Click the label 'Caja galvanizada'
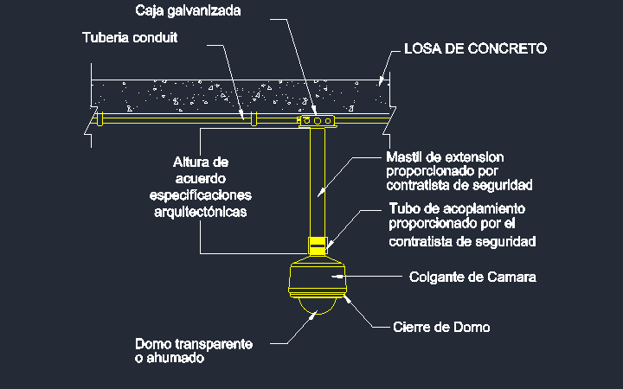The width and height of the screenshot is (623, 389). point(188,10)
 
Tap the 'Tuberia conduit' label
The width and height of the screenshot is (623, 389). point(130,37)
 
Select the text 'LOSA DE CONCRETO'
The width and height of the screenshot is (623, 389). point(476,48)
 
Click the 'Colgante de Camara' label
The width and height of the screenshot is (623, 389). point(472,277)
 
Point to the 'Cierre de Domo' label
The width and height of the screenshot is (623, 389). point(441,327)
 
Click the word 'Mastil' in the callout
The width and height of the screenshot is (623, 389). point(404,157)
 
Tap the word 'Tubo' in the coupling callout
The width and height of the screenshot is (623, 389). point(404,208)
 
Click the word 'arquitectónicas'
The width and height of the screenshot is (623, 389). point(201,212)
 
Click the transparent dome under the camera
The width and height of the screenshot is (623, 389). point(317,306)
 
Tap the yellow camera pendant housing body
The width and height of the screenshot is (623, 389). point(317,277)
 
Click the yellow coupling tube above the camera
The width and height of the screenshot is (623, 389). point(318,246)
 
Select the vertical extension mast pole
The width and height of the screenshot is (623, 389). point(318,182)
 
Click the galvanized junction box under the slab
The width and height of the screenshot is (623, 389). point(317,121)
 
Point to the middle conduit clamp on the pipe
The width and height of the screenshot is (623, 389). point(254,118)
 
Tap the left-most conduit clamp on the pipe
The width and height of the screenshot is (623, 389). point(100,118)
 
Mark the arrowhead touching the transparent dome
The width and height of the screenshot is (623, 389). point(314,314)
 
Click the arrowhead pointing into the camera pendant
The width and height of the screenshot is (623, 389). point(337,276)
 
